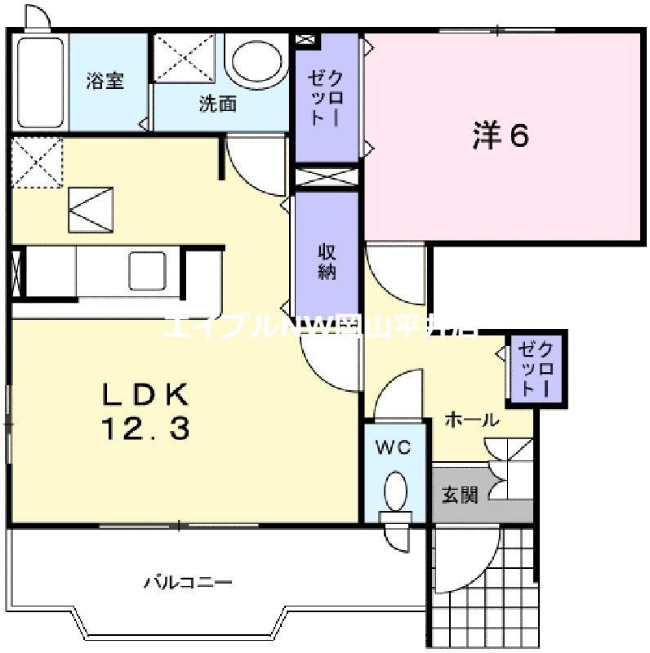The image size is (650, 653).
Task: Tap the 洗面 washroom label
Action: (218, 104)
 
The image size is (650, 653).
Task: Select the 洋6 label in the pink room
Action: (501, 136)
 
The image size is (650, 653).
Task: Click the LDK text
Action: (145, 396)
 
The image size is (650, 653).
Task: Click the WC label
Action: (394, 447)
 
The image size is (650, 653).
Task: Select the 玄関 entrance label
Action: (461, 495)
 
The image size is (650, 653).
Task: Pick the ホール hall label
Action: (472, 420)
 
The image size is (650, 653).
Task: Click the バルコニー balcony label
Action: (189, 583)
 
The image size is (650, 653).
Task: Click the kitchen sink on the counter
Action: (147, 269)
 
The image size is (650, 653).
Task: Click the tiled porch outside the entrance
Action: (482, 584)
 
